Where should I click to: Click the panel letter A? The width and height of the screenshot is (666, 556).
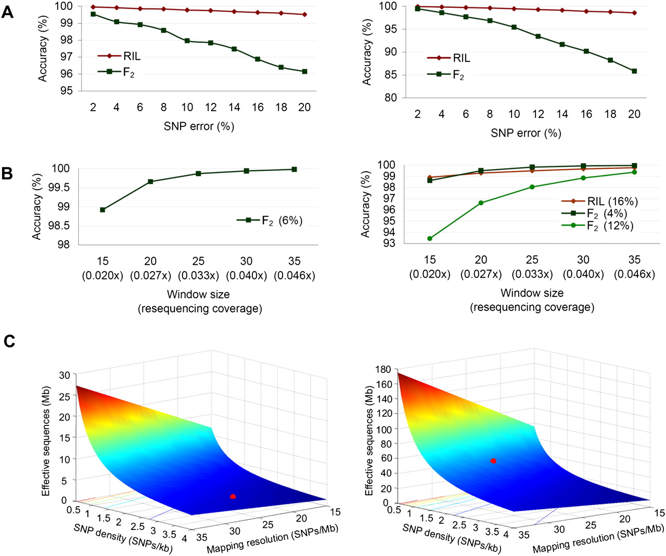pyautogui.click(x=7, y=13)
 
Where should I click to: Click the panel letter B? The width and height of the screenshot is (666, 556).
pyautogui.click(x=7, y=174)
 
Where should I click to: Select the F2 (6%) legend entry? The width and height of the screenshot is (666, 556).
pyautogui.click(x=269, y=221)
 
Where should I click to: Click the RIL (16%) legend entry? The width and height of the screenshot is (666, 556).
pyautogui.click(x=599, y=201)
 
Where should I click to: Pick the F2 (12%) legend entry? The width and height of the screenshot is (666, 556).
pyautogui.click(x=597, y=226)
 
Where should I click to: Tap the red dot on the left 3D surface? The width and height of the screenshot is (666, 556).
pyautogui.click(x=233, y=496)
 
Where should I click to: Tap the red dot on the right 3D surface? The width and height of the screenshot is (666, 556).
pyautogui.click(x=493, y=461)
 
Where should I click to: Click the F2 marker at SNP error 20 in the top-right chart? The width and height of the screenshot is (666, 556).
pyautogui.click(x=634, y=71)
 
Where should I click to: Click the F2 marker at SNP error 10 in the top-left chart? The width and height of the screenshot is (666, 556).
pyautogui.click(x=187, y=41)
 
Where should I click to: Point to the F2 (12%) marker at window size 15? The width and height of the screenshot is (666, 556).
pyautogui.click(x=430, y=238)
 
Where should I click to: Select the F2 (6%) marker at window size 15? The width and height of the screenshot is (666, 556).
pyautogui.click(x=103, y=210)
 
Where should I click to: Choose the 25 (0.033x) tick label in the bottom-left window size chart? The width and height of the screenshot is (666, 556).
pyautogui.click(x=198, y=268)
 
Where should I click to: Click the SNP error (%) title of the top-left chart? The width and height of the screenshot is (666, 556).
pyautogui.click(x=199, y=126)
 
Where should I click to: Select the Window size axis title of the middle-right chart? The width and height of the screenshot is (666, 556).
pyautogui.click(x=532, y=293)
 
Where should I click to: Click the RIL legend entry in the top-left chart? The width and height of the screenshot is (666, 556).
pyautogui.click(x=119, y=56)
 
